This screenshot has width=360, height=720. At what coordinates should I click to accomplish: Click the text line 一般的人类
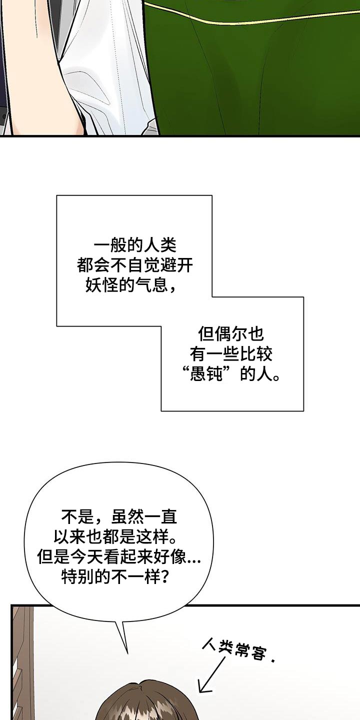pyautogui.click(x=135, y=246)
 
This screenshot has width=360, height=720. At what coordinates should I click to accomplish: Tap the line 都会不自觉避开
pyautogui.click(x=135, y=266)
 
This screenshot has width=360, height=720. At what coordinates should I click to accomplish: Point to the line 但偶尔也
pyautogui.click(x=231, y=334)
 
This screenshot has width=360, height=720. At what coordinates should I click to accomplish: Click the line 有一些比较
pyautogui.click(x=231, y=354)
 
